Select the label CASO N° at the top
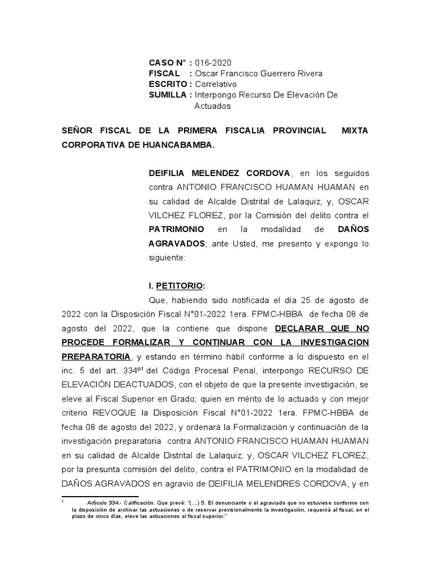pyautogui.click(x=167, y=63)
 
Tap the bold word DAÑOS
pyautogui.click(x=353, y=230)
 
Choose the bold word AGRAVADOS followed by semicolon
pyautogui.click(x=176, y=244)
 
